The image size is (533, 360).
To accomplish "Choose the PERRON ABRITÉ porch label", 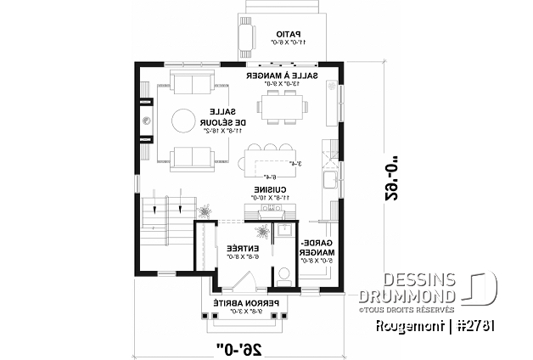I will [239, 306].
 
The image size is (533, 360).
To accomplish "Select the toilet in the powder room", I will [284, 273].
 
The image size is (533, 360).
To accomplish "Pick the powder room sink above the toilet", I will [284, 231].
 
